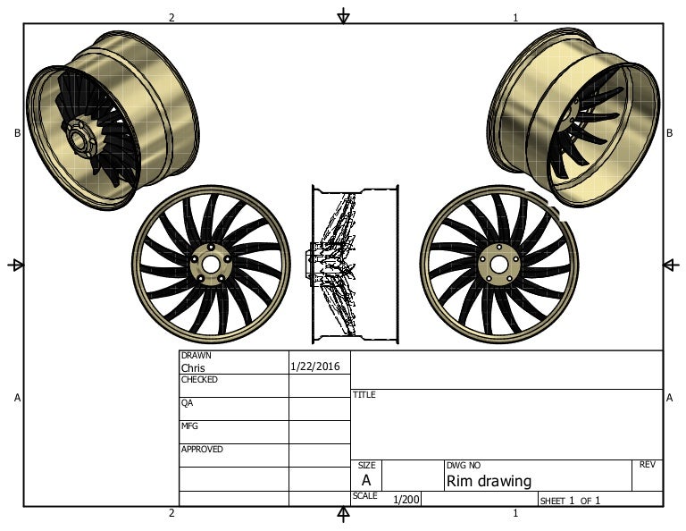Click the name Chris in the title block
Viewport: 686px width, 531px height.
tap(193, 367)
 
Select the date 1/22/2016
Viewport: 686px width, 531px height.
tap(315, 367)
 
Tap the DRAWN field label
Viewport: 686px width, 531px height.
tap(196, 355)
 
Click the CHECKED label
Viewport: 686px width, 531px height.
tap(199, 379)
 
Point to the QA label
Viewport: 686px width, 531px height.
tap(187, 402)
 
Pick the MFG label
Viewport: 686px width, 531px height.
tap(188, 426)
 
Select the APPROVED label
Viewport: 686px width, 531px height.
tap(202, 449)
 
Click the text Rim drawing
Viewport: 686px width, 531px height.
tap(489, 481)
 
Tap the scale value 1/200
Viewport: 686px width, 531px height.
tap(406, 500)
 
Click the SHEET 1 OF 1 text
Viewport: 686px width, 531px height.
tap(570, 501)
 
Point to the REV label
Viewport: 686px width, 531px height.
tap(648, 465)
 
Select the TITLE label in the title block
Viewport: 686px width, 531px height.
tap(364, 394)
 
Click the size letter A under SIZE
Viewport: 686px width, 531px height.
tap(365, 480)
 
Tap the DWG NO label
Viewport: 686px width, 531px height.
tap(463, 465)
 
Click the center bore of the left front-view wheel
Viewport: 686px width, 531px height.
tap(211, 265)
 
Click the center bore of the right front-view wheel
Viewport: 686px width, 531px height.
tap(498, 265)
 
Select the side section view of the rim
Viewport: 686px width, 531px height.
tap(355, 264)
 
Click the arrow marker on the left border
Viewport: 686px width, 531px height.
tap(15, 265)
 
